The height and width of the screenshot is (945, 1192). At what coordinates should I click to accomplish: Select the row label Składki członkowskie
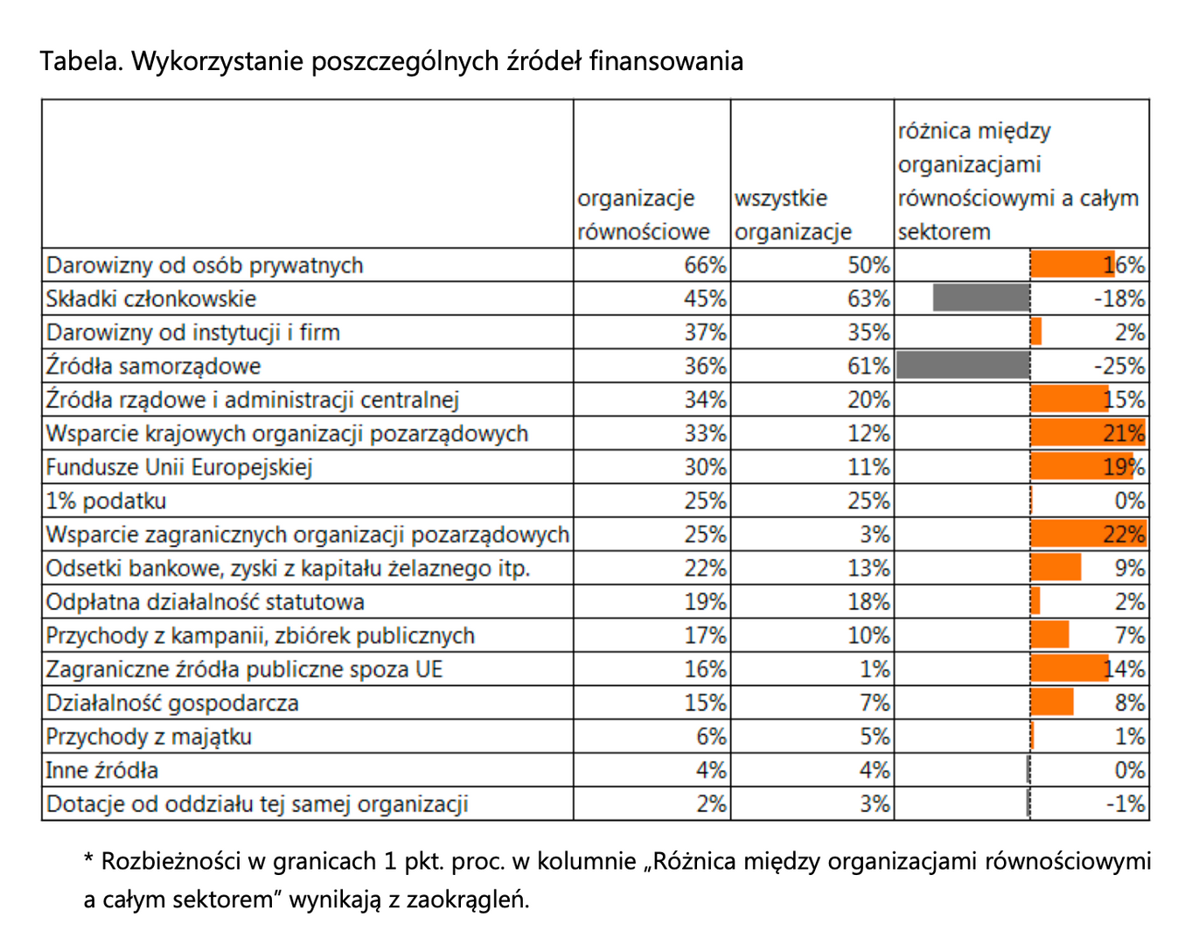[150, 299]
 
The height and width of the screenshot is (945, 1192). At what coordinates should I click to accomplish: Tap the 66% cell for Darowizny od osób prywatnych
[705, 265]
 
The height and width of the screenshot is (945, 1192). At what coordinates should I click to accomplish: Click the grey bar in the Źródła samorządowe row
[963, 366]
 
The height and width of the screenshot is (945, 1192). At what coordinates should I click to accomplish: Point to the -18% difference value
[1119, 299]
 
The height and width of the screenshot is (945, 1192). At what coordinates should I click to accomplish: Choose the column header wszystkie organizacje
[792, 215]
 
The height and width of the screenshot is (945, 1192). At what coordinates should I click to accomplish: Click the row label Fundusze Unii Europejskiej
[178, 467]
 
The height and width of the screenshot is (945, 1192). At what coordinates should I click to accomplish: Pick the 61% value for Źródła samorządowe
[868, 366]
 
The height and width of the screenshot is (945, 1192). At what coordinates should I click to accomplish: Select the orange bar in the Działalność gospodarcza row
[1052, 703]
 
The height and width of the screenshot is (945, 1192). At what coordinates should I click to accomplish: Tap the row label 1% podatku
[106, 501]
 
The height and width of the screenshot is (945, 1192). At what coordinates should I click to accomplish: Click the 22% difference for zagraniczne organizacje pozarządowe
[1124, 535]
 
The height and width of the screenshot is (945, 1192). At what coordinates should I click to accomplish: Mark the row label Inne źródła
[101, 771]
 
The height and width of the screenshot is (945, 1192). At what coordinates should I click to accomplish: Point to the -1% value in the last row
[1126, 804]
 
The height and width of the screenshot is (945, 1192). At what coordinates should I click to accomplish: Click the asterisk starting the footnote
[88, 859]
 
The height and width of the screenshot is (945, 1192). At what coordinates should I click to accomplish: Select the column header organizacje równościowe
[643, 215]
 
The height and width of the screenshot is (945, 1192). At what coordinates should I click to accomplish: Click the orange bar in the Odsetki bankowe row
[1056, 568]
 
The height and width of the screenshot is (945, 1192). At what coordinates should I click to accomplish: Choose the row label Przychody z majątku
[149, 737]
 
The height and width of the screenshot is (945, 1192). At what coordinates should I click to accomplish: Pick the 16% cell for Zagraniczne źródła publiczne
[705, 669]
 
